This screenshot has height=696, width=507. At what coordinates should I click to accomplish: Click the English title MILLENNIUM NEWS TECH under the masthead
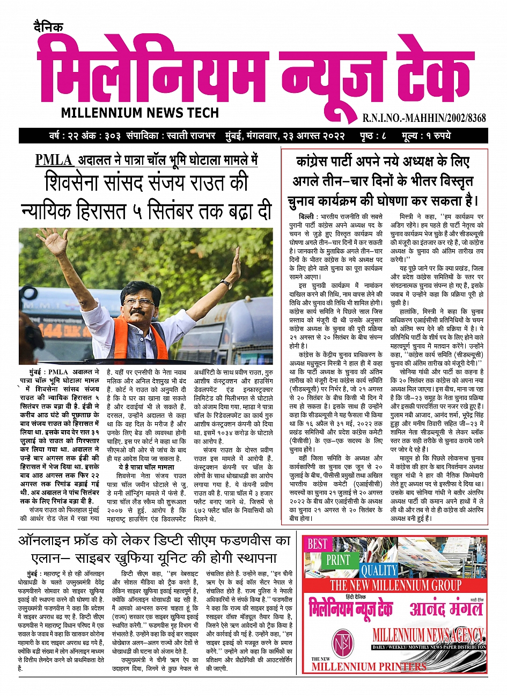click(x=140, y=113)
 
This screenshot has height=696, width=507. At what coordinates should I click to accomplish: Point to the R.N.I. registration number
click(x=424, y=118)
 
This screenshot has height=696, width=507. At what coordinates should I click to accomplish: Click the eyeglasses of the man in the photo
click(x=138, y=302)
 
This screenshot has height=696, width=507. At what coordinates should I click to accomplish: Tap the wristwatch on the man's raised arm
click(x=225, y=285)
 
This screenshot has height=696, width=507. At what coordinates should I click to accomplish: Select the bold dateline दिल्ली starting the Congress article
click(x=307, y=216)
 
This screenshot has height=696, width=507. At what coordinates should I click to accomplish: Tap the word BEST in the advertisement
click(x=318, y=545)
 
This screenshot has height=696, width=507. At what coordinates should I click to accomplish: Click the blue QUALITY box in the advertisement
click(x=379, y=570)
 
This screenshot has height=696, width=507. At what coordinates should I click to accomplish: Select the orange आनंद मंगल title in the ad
click(x=446, y=609)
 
